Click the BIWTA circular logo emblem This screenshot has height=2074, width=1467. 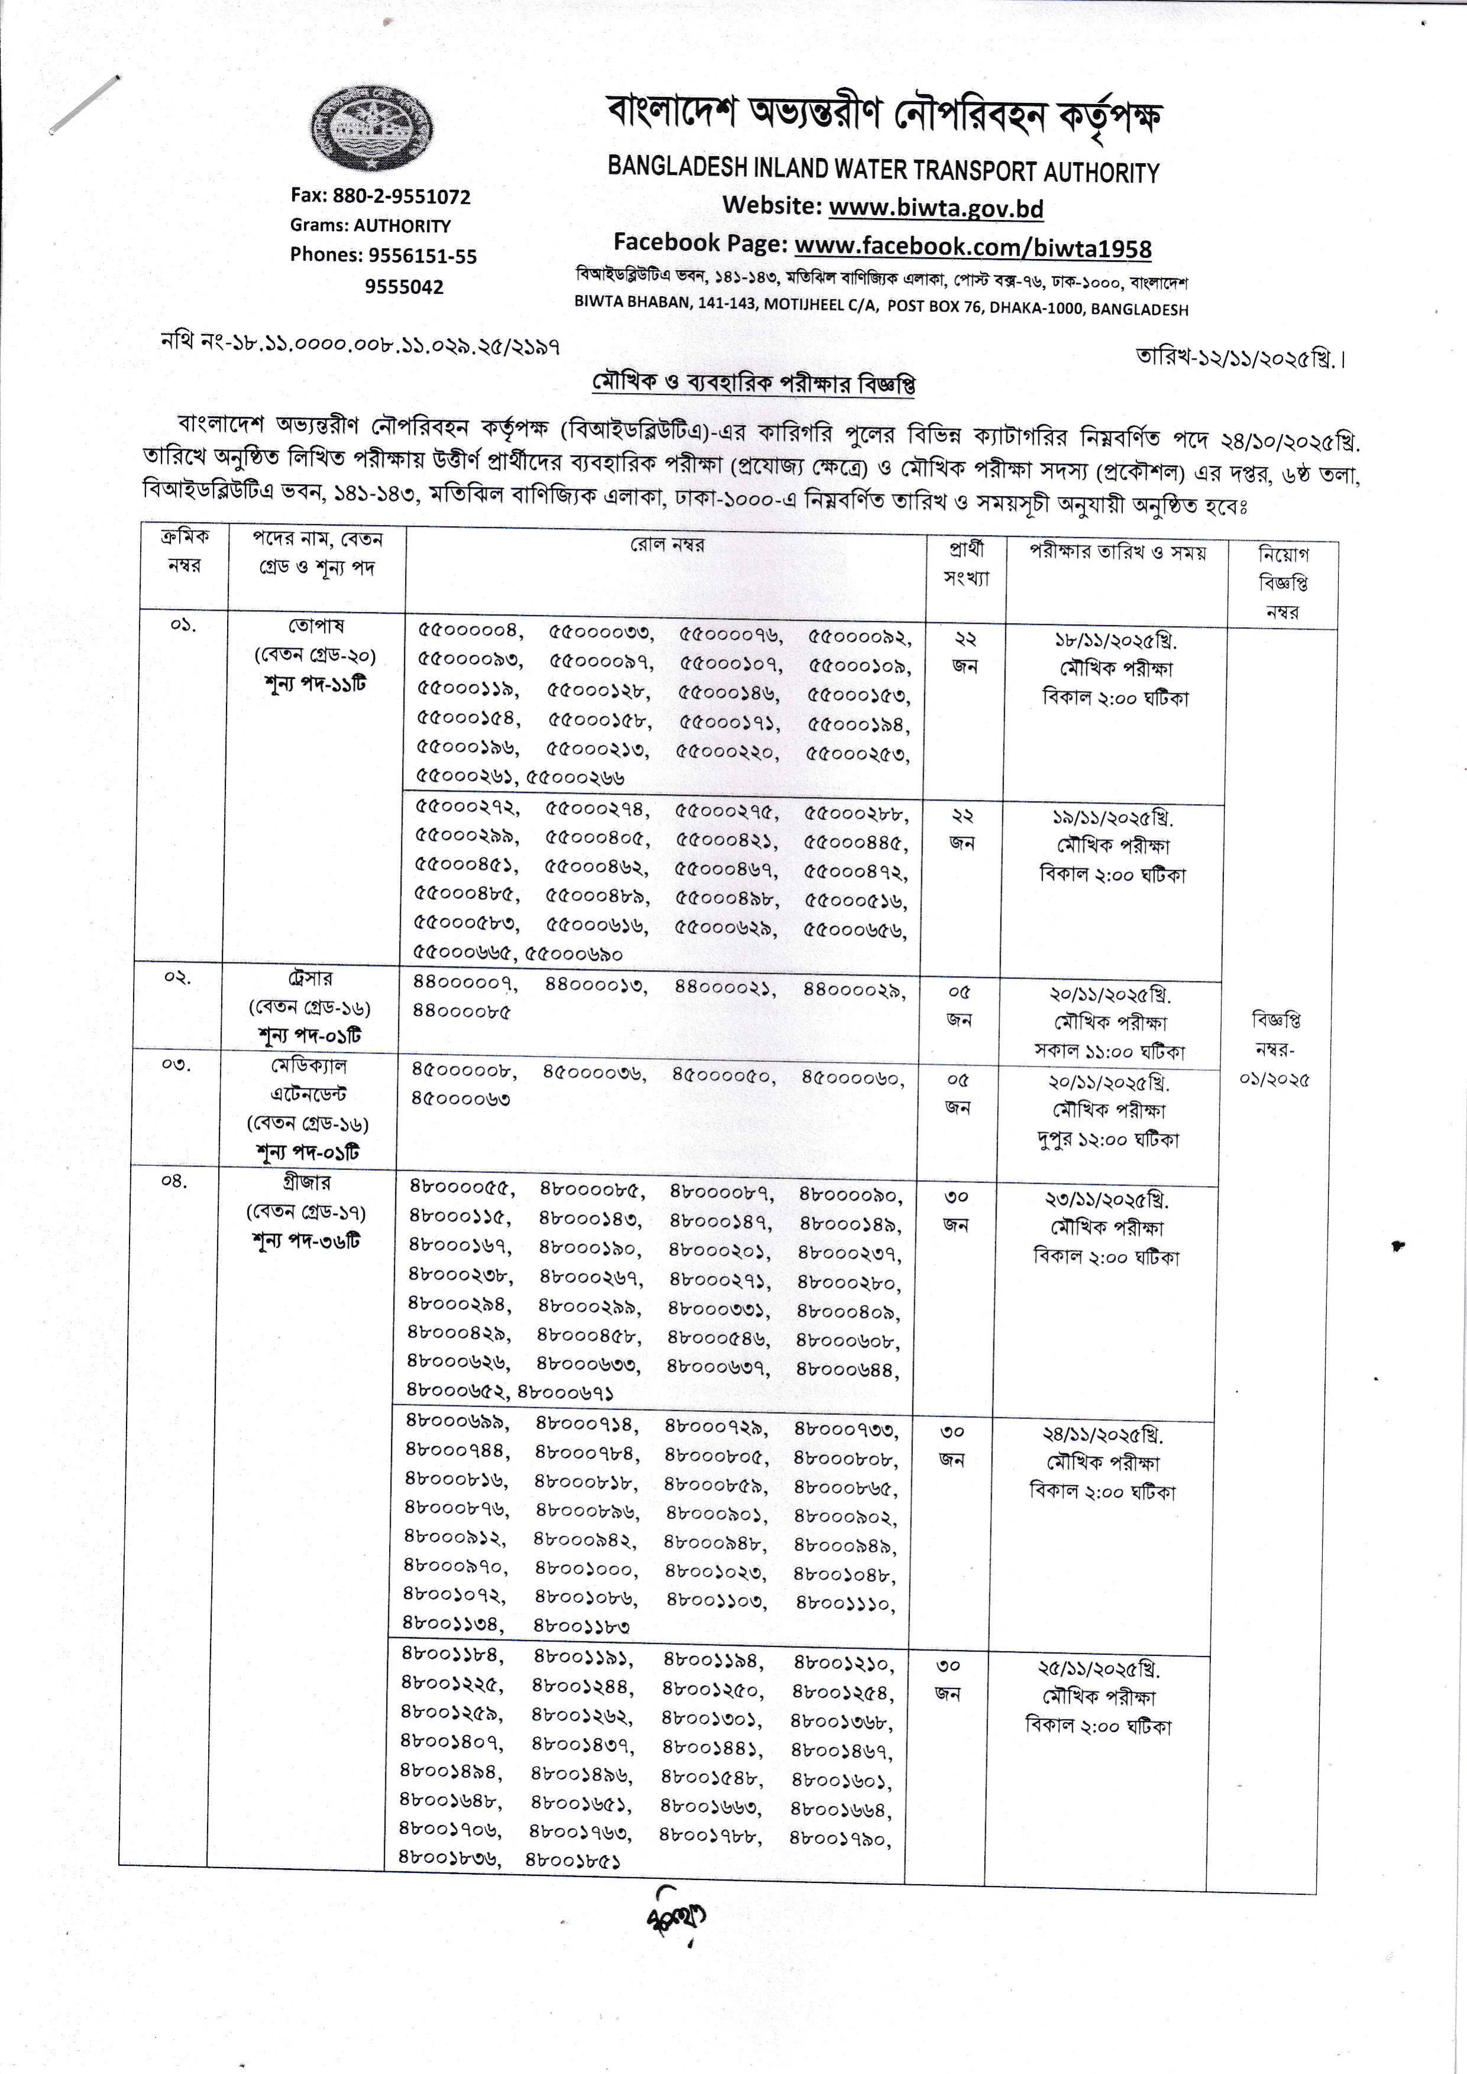[x=371, y=128]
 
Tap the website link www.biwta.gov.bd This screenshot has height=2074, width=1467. [x=936, y=209]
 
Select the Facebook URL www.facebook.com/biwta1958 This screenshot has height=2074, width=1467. [x=973, y=247]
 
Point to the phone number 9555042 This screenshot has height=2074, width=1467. [x=404, y=287]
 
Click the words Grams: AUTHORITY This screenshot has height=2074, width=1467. [x=370, y=226]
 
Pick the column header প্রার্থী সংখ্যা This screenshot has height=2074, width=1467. [x=966, y=563]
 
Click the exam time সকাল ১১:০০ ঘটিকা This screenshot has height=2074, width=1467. [x=1109, y=1051]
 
